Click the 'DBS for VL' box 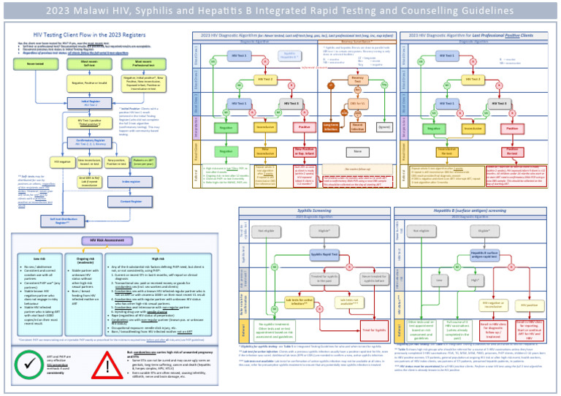click(357, 104)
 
